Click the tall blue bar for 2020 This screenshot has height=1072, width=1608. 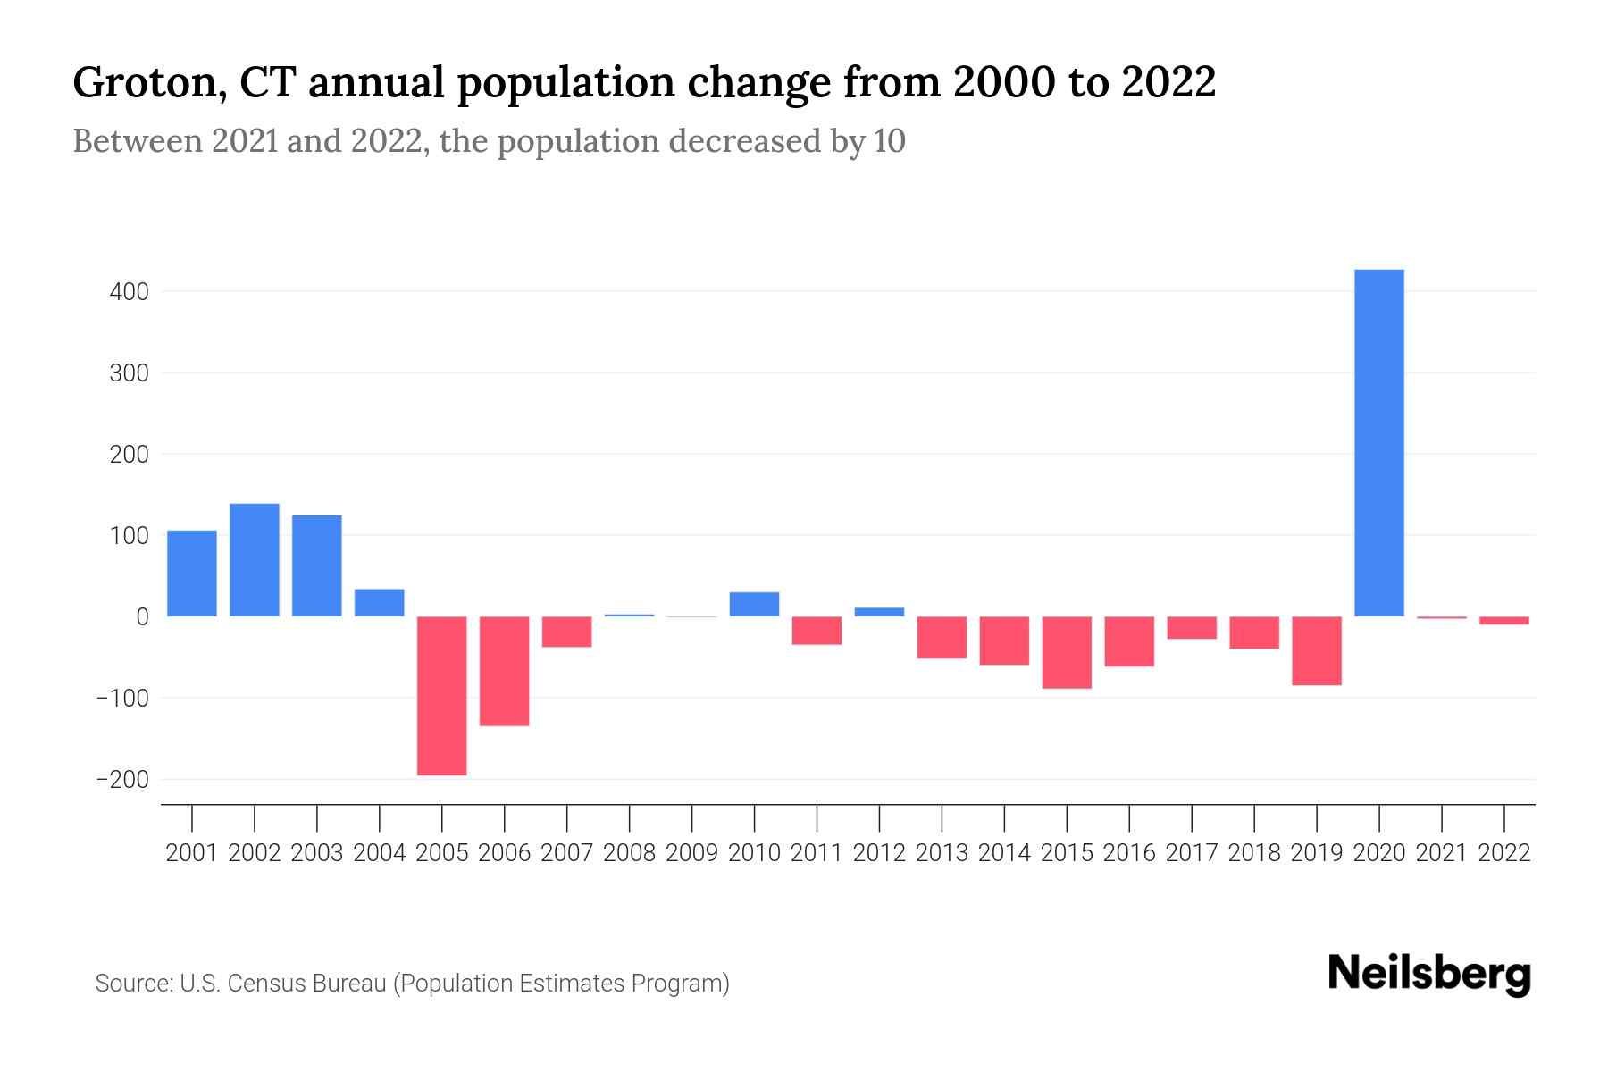pyautogui.click(x=1379, y=442)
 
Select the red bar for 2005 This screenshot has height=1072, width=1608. pyautogui.click(x=442, y=695)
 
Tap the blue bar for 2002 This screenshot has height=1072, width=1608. pyautogui.click(x=255, y=560)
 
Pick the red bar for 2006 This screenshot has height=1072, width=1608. pyautogui.click(x=505, y=670)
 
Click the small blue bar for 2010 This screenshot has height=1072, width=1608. pyautogui.click(x=754, y=605)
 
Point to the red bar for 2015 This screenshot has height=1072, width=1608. pyautogui.click(x=1067, y=652)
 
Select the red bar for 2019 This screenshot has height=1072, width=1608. pyautogui.click(x=1317, y=650)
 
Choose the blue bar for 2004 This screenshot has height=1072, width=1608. pyautogui.click(x=380, y=603)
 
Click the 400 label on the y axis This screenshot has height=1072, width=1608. pyautogui.click(x=130, y=292)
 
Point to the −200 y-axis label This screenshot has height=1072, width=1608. pyautogui.click(x=123, y=780)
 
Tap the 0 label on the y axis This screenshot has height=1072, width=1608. pyautogui.click(x=143, y=617)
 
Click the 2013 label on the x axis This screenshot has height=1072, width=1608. pyautogui.click(x=942, y=853)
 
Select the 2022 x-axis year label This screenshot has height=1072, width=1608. pyautogui.click(x=1504, y=853)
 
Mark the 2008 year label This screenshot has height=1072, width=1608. pyautogui.click(x=630, y=853)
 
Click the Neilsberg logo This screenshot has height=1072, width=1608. pyautogui.click(x=1429, y=974)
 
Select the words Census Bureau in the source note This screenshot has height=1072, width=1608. pyautogui.click(x=307, y=984)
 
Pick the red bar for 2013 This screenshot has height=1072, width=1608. pyautogui.click(x=942, y=637)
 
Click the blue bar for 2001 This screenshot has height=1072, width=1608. pyautogui.click(x=192, y=574)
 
